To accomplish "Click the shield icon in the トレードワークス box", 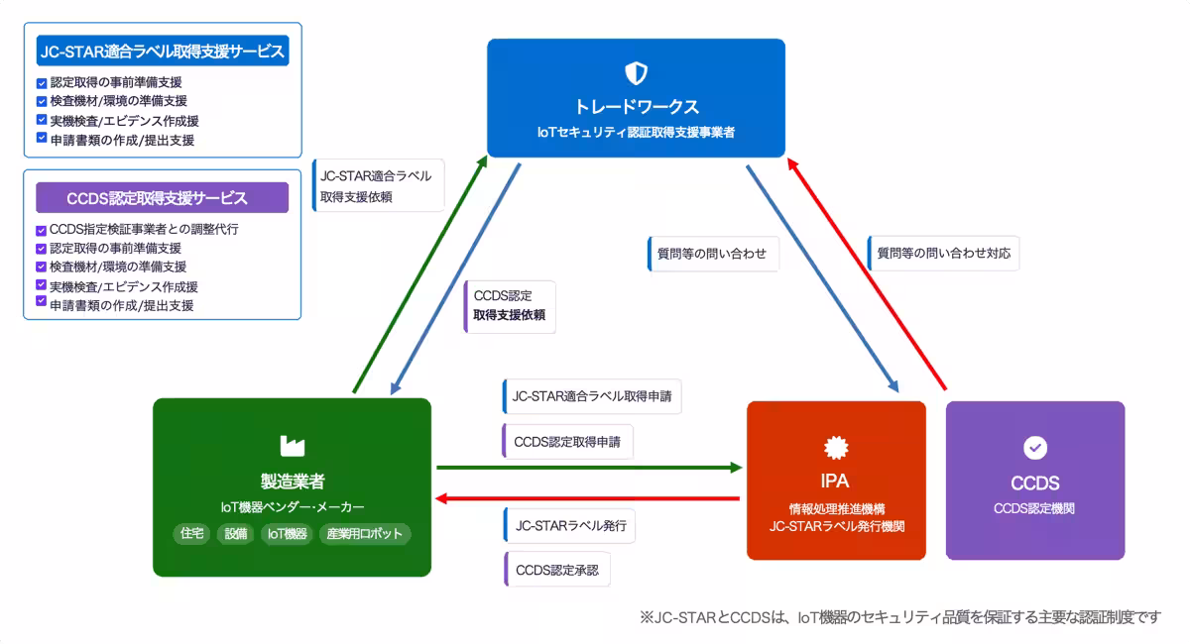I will coord(636,72).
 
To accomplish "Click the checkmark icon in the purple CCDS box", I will coord(1035,448).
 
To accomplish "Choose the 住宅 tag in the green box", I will coord(191,533).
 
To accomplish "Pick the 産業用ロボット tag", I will coord(364,533).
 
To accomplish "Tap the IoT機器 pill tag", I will coord(287,533).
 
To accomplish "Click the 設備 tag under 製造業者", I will coord(236,533).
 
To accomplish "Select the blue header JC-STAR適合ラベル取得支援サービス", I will coord(163,51).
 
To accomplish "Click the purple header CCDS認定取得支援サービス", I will coord(163,197).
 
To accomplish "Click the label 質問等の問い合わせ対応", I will coord(943,253).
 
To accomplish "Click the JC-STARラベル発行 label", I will coord(569,526).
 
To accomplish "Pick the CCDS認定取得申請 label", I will coord(567,442).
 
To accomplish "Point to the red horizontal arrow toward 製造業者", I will coord(589,498).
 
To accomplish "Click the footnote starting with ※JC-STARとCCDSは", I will coord(899,617).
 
